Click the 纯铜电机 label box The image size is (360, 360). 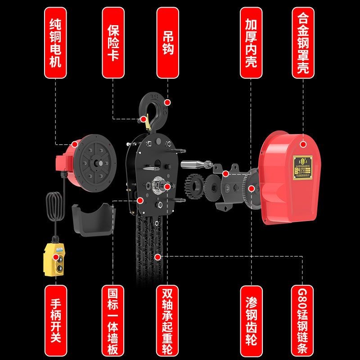pos(56,42)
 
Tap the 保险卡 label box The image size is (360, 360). pos(112,42)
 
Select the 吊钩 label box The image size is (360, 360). pos(167,42)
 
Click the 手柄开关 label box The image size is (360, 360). pos(56,317)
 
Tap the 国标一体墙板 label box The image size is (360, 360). pos(112,317)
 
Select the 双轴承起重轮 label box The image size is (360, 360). pos(167,317)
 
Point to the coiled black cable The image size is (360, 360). pos(54,207)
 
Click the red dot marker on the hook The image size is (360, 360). pos(167,103)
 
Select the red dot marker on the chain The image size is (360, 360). pos(157,257)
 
